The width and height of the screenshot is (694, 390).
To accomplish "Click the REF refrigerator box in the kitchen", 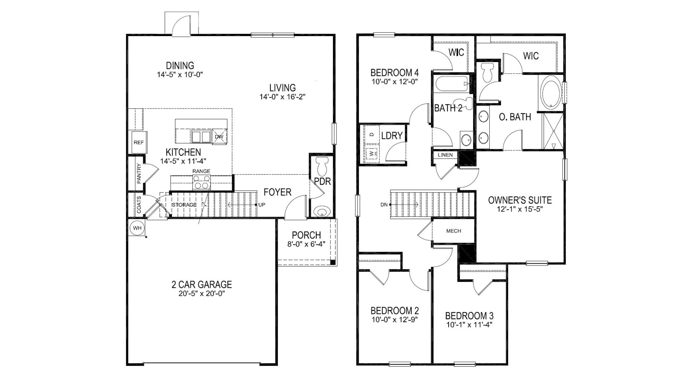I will tap(138, 142).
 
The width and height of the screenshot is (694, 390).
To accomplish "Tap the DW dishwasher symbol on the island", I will tap(219, 136).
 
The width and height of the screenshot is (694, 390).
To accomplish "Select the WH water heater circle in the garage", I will tap(137, 228).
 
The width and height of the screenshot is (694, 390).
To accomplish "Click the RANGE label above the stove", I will tap(201, 171).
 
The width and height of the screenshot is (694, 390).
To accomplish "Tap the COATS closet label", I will tap(139, 205).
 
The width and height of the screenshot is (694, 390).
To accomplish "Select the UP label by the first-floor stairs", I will tap(262, 205).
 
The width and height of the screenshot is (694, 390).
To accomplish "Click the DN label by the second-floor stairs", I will tap(384, 205).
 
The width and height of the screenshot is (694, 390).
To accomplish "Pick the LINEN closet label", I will tap(445, 155).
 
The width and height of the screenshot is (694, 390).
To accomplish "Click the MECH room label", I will tap(454, 231).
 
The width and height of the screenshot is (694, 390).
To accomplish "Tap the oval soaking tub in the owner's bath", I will tap(551, 93).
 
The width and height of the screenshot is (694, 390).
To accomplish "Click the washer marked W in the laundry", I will tap(371, 153).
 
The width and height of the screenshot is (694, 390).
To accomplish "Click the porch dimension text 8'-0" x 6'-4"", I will tap(306, 244).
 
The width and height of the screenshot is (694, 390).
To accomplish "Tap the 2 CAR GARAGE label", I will tap(201, 285).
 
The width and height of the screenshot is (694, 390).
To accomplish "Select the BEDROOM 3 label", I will tap(469, 316).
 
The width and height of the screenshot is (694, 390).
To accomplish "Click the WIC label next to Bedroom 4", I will tap(456, 52).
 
